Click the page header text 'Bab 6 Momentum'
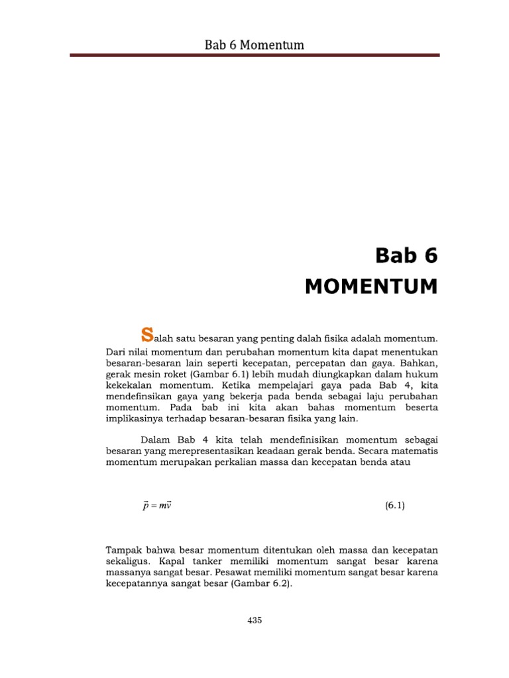click(x=255, y=45)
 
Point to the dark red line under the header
click(x=255, y=56)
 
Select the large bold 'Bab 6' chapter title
click(x=406, y=255)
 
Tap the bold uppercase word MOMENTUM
click(x=371, y=287)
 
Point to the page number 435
click(x=254, y=620)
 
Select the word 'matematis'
click(x=414, y=450)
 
